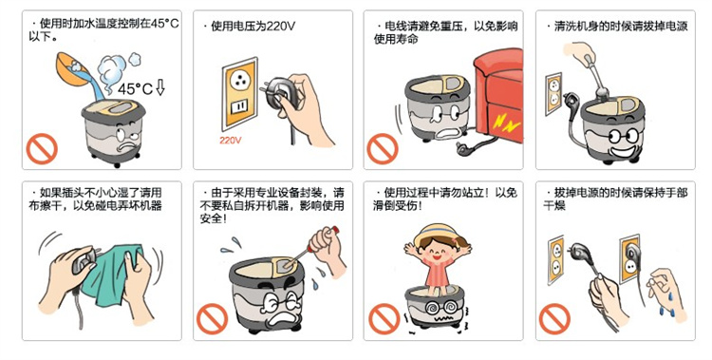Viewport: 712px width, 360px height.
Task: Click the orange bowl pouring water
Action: [72, 68]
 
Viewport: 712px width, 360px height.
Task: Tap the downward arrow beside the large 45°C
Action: [160, 86]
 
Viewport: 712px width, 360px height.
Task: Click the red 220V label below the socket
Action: [231, 141]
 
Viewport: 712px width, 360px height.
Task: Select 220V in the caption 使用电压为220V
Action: [281, 27]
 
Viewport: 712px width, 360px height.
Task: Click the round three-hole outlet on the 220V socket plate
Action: [239, 81]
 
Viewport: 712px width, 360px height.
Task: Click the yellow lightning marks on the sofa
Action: [507, 123]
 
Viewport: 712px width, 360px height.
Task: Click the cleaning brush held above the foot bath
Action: [595, 76]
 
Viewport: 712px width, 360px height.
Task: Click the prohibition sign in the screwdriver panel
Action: [212, 319]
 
